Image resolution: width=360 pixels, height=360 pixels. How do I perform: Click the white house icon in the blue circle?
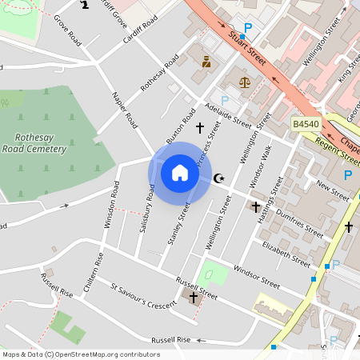click(x=180, y=173)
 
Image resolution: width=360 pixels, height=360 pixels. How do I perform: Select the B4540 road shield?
click(x=305, y=124)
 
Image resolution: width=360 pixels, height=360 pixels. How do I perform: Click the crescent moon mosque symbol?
click(x=221, y=178)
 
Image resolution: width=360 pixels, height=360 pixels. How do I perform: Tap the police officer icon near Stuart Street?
click(x=206, y=61)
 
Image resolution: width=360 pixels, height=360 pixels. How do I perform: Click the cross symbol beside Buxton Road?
click(x=199, y=127)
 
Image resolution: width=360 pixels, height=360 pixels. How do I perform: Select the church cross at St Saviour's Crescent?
click(x=194, y=298)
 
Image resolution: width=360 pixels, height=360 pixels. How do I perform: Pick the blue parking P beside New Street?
click(x=348, y=175)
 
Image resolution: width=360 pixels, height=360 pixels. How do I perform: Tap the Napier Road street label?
click(x=125, y=111)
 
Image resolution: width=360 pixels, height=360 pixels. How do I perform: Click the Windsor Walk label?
click(x=262, y=166)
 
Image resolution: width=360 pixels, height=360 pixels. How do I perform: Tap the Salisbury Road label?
click(x=145, y=210)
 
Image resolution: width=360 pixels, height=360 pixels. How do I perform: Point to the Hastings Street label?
click(x=268, y=201)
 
